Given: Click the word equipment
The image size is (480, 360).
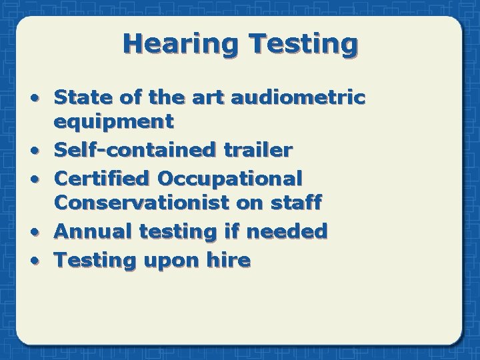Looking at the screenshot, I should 114,121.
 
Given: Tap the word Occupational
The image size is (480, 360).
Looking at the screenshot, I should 229,178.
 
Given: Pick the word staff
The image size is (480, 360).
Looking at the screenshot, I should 297,202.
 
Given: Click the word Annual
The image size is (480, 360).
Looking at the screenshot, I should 93,231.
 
